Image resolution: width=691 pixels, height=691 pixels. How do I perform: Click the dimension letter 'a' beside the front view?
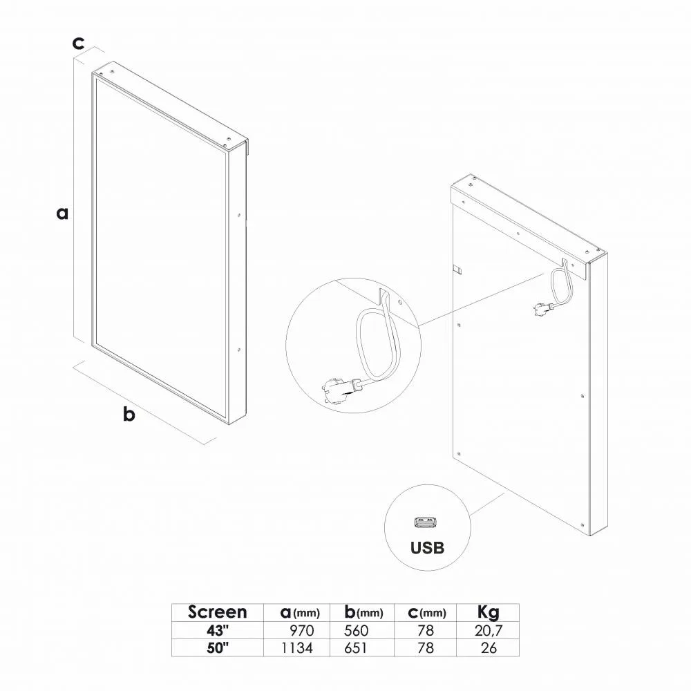[63, 214]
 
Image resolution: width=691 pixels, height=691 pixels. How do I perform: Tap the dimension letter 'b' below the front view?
[129, 414]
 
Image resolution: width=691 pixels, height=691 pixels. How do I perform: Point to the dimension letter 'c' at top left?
[78, 43]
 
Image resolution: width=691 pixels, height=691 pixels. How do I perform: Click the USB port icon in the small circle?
[426, 522]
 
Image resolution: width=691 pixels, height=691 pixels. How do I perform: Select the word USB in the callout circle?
[427, 548]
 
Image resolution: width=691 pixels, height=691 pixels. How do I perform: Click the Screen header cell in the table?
[217, 612]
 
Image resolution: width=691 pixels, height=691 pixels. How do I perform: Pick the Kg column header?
[489, 612]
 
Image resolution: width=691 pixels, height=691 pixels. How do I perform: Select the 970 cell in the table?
[302, 631]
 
